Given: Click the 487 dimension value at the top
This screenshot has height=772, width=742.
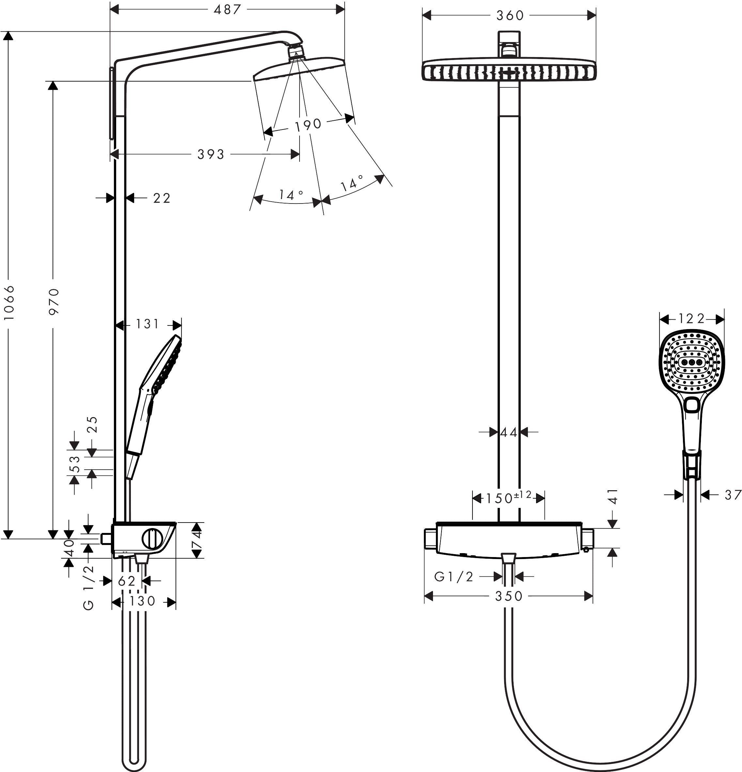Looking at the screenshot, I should [227, 9].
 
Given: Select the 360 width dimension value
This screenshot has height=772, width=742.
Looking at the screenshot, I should [510, 16].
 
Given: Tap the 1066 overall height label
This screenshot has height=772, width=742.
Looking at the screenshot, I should [9, 302].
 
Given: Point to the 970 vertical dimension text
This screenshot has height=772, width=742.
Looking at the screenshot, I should [54, 301].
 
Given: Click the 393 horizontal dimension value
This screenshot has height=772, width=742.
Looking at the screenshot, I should [211, 154].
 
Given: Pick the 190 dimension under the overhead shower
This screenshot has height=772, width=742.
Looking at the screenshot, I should [308, 125].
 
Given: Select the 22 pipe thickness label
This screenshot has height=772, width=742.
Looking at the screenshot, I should [162, 198].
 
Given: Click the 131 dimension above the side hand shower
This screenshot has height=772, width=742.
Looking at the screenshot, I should [147, 324].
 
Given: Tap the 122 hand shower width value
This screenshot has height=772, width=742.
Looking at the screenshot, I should [691, 319].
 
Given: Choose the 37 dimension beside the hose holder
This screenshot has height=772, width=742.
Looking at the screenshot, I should [733, 495].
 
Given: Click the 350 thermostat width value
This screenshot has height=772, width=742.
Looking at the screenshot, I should [509, 596].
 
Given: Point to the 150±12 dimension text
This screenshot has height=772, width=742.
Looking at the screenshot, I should [508, 498].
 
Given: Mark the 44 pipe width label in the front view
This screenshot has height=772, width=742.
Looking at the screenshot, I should [508, 433].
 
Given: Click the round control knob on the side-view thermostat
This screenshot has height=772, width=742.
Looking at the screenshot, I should [152, 539].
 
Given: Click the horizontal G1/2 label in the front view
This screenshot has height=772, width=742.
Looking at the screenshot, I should [454, 577].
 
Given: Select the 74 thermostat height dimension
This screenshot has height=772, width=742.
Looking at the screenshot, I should [197, 539].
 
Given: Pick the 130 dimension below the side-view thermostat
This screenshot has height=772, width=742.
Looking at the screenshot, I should [142, 601].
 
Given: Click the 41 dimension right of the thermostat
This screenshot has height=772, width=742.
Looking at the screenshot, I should [613, 496].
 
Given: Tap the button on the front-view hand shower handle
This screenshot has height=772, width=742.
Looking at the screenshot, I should [692, 405].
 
